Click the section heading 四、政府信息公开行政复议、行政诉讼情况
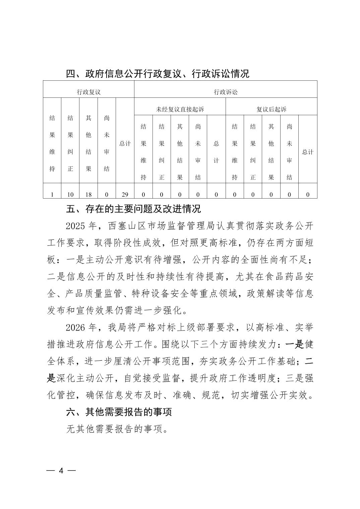pyautogui.click(x=158, y=74)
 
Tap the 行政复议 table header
pyautogui.click(x=88, y=92)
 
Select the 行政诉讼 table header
pyautogui.click(x=226, y=92)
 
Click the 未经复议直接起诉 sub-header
pyautogui.click(x=180, y=109)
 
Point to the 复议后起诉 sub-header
pyautogui.click(x=271, y=109)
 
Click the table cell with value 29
pyautogui.click(x=125, y=195)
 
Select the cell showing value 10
pyautogui.click(x=70, y=195)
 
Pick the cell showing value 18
pyautogui.click(x=88, y=195)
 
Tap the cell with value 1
pyautogui.click(x=52, y=195)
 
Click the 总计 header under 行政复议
pyautogui.click(x=125, y=143)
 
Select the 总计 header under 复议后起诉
pyautogui.click(x=308, y=152)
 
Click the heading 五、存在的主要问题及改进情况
pyautogui.click(x=133, y=209)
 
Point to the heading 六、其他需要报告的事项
pyautogui.click(x=119, y=412)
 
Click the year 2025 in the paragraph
pyautogui.click(x=76, y=226)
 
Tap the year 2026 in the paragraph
pyautogui.click(x=76, y=327)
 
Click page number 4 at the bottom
pyautogui.click(x=61, y=470)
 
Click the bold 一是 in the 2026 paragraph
pyautogui.click(x=294, y=344)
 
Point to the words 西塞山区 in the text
pyautogui.click(x=130, y=226)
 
